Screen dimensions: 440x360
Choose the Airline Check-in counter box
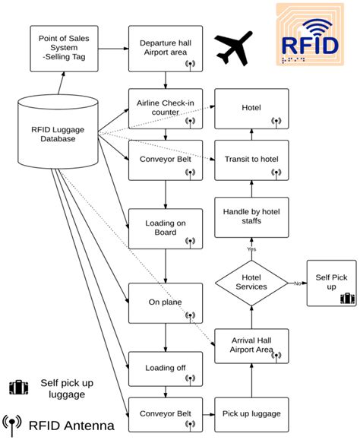165,107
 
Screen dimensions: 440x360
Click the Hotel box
251,108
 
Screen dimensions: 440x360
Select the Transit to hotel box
251,159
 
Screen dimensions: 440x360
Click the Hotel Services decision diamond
251,283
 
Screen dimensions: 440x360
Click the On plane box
165,302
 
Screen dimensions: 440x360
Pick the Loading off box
165,369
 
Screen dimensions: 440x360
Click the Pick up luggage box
251,413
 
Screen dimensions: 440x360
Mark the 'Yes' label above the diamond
251,248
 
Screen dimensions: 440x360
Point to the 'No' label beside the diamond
296,283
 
